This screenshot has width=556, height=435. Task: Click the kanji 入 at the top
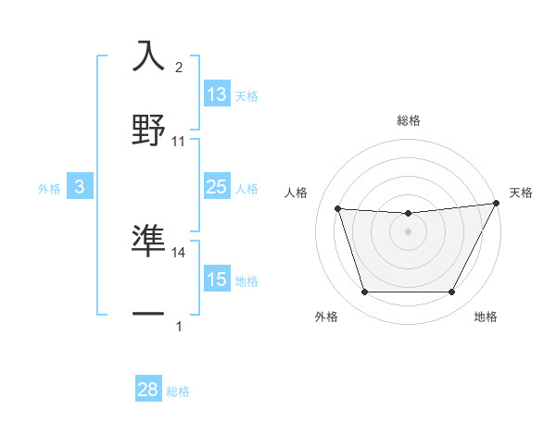pyautogui.click(x=149, y=57)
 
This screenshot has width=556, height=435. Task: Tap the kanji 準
pyautogui.click(x=149, y=240)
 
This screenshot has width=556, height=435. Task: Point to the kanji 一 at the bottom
pyautogui.click(x=149, y=314)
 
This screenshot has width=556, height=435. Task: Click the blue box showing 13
pyautogui.click(x=217, y=94)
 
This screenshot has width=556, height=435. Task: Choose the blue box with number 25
pyautogui.click(x=217, y=187)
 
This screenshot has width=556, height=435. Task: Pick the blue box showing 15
pyautogui.click(x=217, y=280)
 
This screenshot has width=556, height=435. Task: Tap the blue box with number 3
pyautogui.click(x=80, y=187)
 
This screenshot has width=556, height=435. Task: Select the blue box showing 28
pyautogui.click(x=148, y=390)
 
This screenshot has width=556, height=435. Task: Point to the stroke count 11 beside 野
pyautogui.click(x=179, y=142)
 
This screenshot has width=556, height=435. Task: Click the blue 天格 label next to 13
pyautogui.click(x=246, y=95)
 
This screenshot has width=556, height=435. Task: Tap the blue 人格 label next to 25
pyautogui.click(x=246, y=188)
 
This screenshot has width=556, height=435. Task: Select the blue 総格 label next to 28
pyautogui.click(x=178, y=391)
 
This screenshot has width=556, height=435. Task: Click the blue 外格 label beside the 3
pyautogui.click(x=49, y=188)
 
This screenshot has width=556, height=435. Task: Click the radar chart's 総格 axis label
pyautogui.click(x=409, y=120)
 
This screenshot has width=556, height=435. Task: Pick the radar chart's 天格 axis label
pyautogui.click(x=521, y=193)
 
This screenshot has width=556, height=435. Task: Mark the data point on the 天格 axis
pyautogui.click(x=498, y=204)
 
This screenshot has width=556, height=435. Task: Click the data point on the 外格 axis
pyautogui.click(x=364, y=292)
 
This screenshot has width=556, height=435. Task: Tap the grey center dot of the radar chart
pyautogui.click(x=408, y=231)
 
